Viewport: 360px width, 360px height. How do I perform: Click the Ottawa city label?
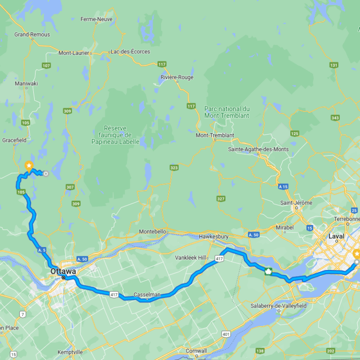click(63, 271)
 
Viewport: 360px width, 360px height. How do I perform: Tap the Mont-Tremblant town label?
click(215, 135)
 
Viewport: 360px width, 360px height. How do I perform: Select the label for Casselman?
click(147, 294)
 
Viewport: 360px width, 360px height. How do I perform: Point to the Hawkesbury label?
click(214, 237)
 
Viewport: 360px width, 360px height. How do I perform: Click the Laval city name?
click(336, 236)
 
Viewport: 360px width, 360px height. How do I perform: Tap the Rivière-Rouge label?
click(177, 77)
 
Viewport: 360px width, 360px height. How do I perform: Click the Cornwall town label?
click(196, 351)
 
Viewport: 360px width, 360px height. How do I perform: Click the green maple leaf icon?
click(269, 271)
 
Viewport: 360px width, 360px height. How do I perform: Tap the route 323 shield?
click(174, 167)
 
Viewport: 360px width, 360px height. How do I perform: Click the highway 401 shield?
click(226, 334)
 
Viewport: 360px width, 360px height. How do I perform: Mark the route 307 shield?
click(70, 187)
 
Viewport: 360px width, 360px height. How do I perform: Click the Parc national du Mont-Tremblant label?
click(227, 112)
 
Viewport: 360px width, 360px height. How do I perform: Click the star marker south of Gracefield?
click(29, 166)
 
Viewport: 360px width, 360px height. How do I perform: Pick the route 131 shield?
click(334, 65)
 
